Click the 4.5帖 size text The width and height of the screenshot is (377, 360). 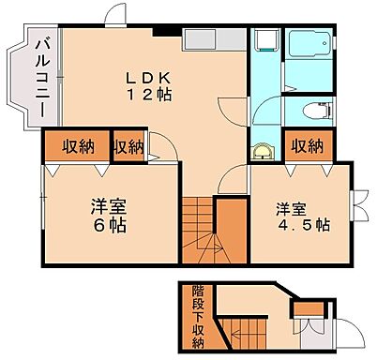click(302, 225)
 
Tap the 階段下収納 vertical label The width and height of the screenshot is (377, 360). click(198, 316)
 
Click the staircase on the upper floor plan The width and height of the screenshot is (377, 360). click(200, 230)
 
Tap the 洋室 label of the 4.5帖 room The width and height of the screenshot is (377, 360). click(290, 207)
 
